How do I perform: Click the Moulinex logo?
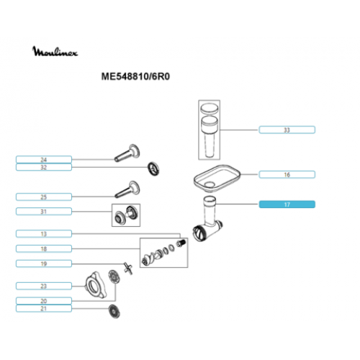[55, 51]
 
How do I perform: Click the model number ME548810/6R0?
[135, 76]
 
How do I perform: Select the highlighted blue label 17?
[287, 204]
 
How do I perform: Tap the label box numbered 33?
[287, 130]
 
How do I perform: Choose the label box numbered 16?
[287, 174]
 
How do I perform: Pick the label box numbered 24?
[44, 160]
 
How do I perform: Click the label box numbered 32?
[44, 167]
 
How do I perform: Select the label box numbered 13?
[44, 234]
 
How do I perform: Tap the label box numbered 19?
[44, 264]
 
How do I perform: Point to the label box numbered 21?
[44, 308]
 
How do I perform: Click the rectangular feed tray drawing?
[217, 178]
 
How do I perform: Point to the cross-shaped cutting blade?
[128, 269]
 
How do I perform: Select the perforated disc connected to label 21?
[114, 312]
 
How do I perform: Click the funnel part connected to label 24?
[127, 153]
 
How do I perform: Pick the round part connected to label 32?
[153, 168]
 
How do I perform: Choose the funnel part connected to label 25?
[127, 189]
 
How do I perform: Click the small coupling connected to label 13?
[181, 243]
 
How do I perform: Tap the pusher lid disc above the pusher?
[210, 108]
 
